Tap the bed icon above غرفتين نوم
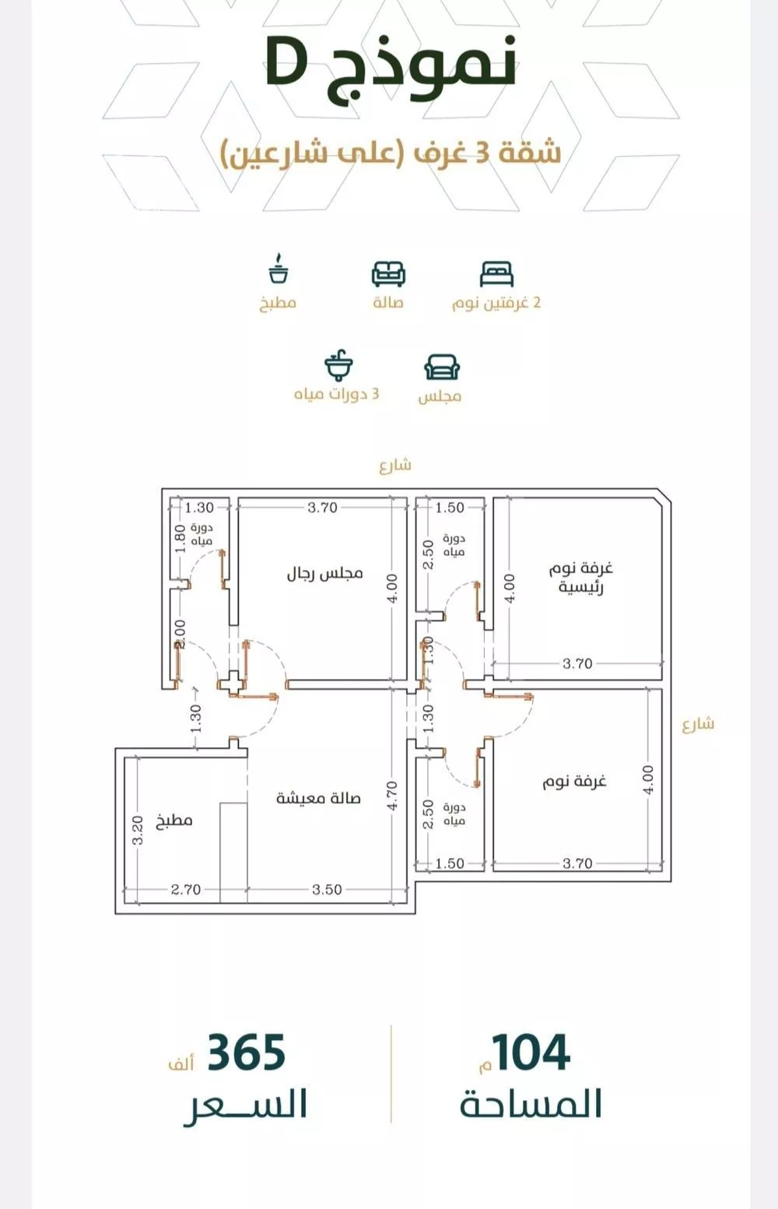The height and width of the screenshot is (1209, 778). click(x=496, y=274)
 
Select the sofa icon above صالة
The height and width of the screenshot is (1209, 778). click(x=388, y=274)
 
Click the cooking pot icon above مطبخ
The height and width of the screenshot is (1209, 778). click(x=279, y=269)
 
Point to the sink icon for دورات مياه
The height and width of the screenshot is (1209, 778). click(x=339, y=365)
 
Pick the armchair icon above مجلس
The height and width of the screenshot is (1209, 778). click(x=442, y=367)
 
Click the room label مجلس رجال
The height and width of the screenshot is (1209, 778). click(x=324, y=574)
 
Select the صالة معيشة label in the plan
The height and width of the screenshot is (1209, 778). click(x=318, y=798)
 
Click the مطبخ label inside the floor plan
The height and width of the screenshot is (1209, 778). click(x=174, y=821)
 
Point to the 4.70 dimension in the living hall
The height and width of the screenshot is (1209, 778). click(x=392, y=795)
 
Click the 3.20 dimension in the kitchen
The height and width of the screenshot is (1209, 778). click(x=138, y=830)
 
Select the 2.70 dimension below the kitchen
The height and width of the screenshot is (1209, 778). click(x=186, y=890)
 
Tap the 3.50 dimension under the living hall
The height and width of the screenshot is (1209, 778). click(x=327, y=890)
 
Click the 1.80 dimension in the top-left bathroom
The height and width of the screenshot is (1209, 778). click(x=180, y=538)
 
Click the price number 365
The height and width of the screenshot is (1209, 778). click(x=247, y=1053)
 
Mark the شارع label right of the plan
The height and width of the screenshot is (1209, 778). click(x=698, y=724)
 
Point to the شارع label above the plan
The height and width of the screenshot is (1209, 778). click(x=395, y=465)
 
